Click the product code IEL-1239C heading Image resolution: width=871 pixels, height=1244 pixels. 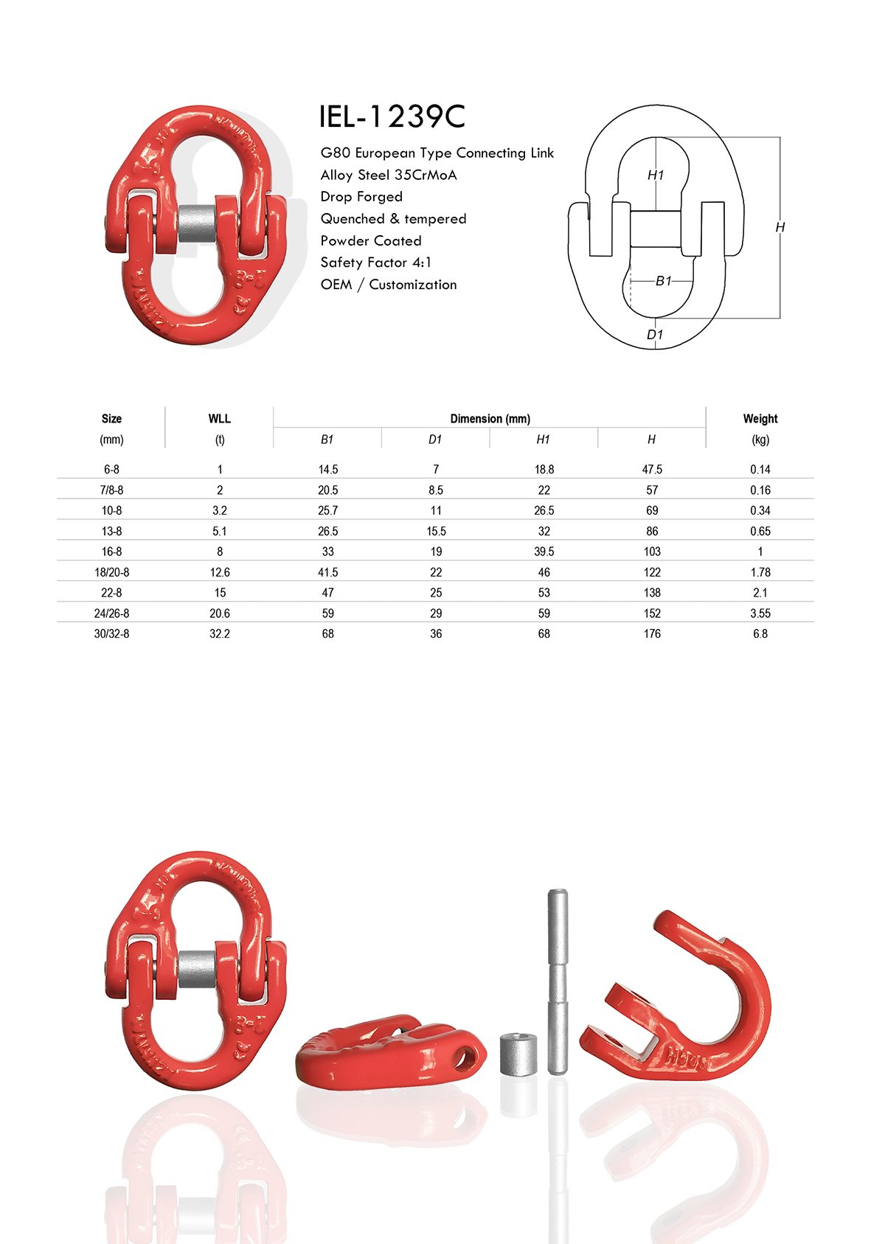coord(392,117)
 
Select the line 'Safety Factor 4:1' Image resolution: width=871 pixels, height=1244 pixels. coord(375,263)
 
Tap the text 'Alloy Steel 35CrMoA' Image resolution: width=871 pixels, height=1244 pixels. coord(388,175)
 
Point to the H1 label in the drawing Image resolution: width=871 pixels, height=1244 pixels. coord(655,175)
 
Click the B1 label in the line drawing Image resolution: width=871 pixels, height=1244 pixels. coord(663,281)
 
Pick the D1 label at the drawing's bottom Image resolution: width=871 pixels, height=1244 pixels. coord(654,335)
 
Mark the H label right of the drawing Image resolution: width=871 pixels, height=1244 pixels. coord(780,228)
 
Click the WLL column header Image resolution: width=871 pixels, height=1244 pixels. coord(219,419)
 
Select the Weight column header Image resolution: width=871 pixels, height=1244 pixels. coord(760,419)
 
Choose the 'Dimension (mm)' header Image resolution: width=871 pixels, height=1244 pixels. coord(490,419)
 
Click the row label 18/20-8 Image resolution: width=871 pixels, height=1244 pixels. coord(111,572)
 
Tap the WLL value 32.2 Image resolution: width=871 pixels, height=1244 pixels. coord(219,634)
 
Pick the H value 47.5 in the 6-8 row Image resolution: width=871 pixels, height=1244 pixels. coord(652,470)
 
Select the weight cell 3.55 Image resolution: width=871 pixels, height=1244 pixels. coord(760,614)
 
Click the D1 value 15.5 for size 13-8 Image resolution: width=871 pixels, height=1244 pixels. coord(436,532)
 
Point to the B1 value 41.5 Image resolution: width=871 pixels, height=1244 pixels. coord(327,572)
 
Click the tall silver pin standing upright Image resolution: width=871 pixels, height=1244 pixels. coord(558,981)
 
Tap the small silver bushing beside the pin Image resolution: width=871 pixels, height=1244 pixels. coord(518,1054)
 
